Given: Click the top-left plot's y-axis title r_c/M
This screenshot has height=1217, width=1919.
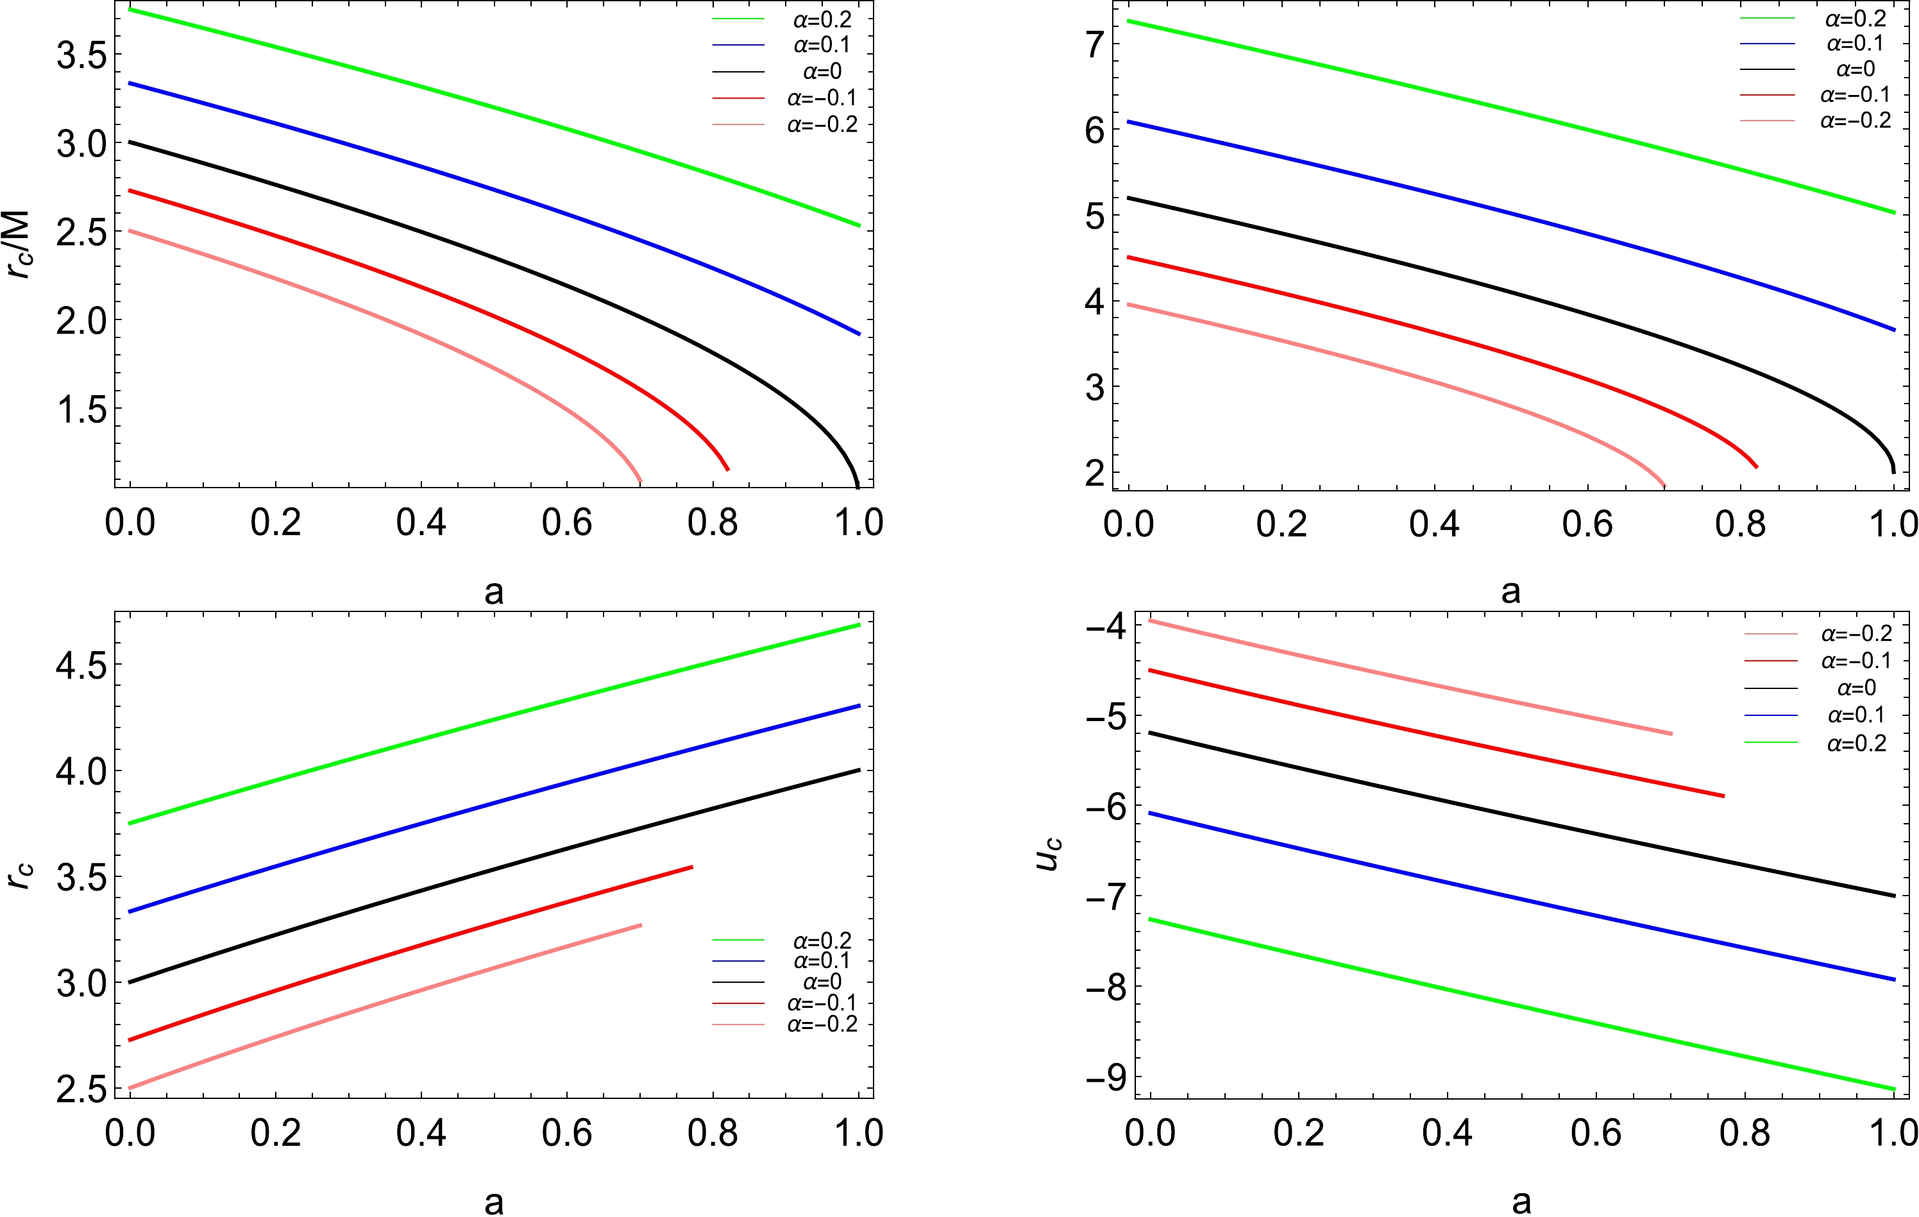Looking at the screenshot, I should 17,244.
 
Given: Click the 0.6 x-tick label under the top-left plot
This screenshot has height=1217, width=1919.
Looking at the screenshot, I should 566,523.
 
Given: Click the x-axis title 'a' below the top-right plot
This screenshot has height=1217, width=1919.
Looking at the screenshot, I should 1511,591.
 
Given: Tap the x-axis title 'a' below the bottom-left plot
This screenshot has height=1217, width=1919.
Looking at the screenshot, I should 494,1202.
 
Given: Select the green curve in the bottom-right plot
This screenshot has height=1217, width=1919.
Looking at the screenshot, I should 1514,1002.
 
